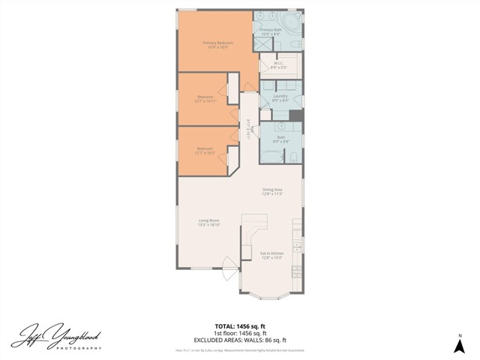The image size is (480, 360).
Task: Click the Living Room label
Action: click(x=208, y=222)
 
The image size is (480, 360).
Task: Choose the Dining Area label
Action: click(x=271, y=191)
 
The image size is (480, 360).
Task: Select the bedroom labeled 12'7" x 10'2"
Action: click(x=205, y=151)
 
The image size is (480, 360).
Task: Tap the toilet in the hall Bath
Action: click(x=293, y=155)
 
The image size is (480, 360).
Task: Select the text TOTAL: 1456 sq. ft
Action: click(x=240, y=326)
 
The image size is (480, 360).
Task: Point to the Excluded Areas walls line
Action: click(x=240, y=340)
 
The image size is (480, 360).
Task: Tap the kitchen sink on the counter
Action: click(x=298, y=244)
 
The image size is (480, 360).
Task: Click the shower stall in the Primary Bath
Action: click(x=262, y=43)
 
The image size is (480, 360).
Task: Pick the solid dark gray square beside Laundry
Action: click(x=295, y=115)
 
